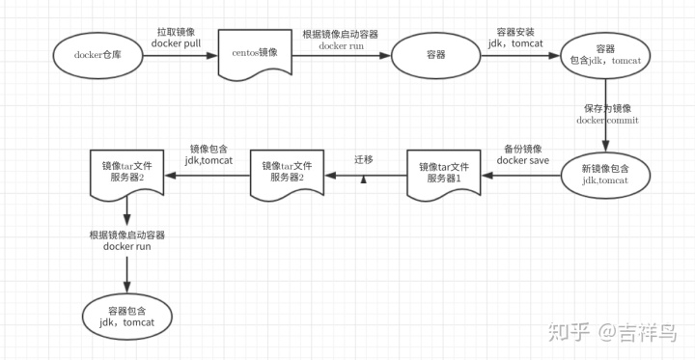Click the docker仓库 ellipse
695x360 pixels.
[96, 54]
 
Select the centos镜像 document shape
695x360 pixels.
[255, 54]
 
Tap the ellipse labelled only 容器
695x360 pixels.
[434, 55]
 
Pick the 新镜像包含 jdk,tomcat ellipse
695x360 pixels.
[605, 174]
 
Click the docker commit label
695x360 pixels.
[607, 120]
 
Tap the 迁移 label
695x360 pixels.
[363, 157]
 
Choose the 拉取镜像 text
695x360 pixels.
[180, 31]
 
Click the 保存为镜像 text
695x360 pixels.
[607, 107]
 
